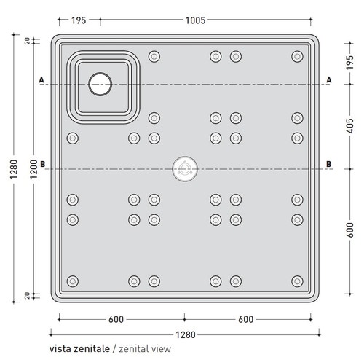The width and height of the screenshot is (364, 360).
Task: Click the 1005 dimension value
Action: click(x=195, y=20)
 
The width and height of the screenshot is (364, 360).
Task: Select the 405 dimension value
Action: click(x=350, y=126)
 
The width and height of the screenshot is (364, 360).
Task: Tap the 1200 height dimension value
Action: click(x=33, y=169)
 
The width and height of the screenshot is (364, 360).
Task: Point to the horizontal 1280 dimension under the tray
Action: click(x=186, y=335)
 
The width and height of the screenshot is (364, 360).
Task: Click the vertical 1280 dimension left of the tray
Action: click(x=14, y=169)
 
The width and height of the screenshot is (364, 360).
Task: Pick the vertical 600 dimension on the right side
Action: click(x=350, y=230)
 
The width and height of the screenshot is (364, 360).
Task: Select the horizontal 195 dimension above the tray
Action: click(x=79, y=20)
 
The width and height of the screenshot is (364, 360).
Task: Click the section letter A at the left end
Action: click(x=41, y=79)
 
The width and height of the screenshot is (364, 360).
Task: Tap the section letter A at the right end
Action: click(x=329, y=79)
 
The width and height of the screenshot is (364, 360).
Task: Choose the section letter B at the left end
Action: click(x=42, y=164)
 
